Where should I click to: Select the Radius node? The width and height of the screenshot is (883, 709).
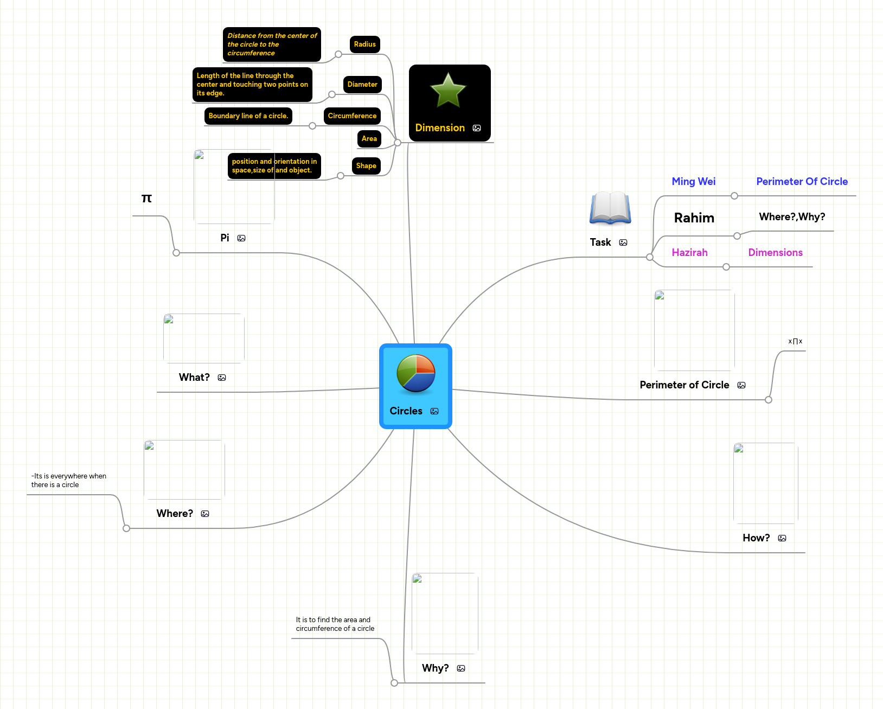(x=365, y=44)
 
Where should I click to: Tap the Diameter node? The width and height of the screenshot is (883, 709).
(x=362, y=85)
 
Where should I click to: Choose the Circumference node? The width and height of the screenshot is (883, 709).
(x=352, y=116)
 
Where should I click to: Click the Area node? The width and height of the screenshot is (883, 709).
(x=369, y=139)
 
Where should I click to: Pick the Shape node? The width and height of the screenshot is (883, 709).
(x=366, y=166)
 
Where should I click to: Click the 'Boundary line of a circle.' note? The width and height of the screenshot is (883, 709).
(x=248, y=116)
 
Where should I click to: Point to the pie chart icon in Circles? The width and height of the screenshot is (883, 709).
(x=416, y=373)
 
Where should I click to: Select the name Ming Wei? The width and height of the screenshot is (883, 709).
(x=694, y=182)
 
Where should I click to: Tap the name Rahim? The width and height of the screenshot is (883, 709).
(x=694, y=218)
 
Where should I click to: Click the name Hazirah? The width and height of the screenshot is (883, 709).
(x=690, y=253)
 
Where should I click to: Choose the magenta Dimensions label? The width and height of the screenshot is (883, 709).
(x=776, y=253)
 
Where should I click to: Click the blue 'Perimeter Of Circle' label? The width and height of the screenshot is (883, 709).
(x=802, y=182)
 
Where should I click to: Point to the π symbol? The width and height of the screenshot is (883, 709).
(x=146, y=198)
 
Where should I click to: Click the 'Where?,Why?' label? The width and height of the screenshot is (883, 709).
(x=792, y=217)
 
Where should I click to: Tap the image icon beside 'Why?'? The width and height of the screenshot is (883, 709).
(x=461, y=668)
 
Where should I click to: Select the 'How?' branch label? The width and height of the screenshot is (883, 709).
(x=756, y=538)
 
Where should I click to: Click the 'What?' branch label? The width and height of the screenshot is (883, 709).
(x=194, y=378)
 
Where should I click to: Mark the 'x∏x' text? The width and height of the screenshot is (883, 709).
(x=795, y=341)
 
